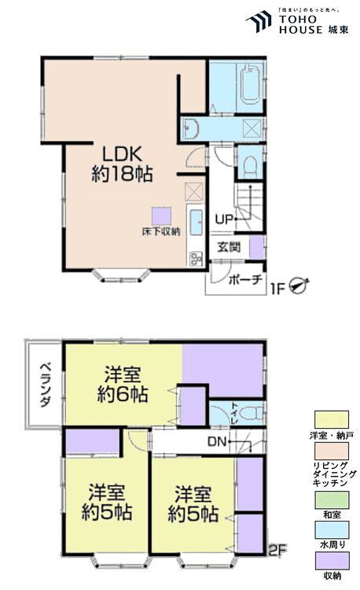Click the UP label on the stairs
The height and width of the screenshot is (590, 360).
pyautogui.click(x=222, y=219)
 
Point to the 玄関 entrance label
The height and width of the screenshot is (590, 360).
pyautogui.click(x=230, y=247)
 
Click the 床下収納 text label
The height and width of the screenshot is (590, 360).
pyautogui.click(x=161, y=231)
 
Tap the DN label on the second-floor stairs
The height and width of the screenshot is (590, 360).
pyautogui.click(x=217, y=441)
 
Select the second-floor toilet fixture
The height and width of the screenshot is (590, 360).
pyautogui.click(x=249, y=413)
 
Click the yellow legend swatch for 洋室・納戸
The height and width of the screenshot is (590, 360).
pyautogui.click(x=330, y=420)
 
